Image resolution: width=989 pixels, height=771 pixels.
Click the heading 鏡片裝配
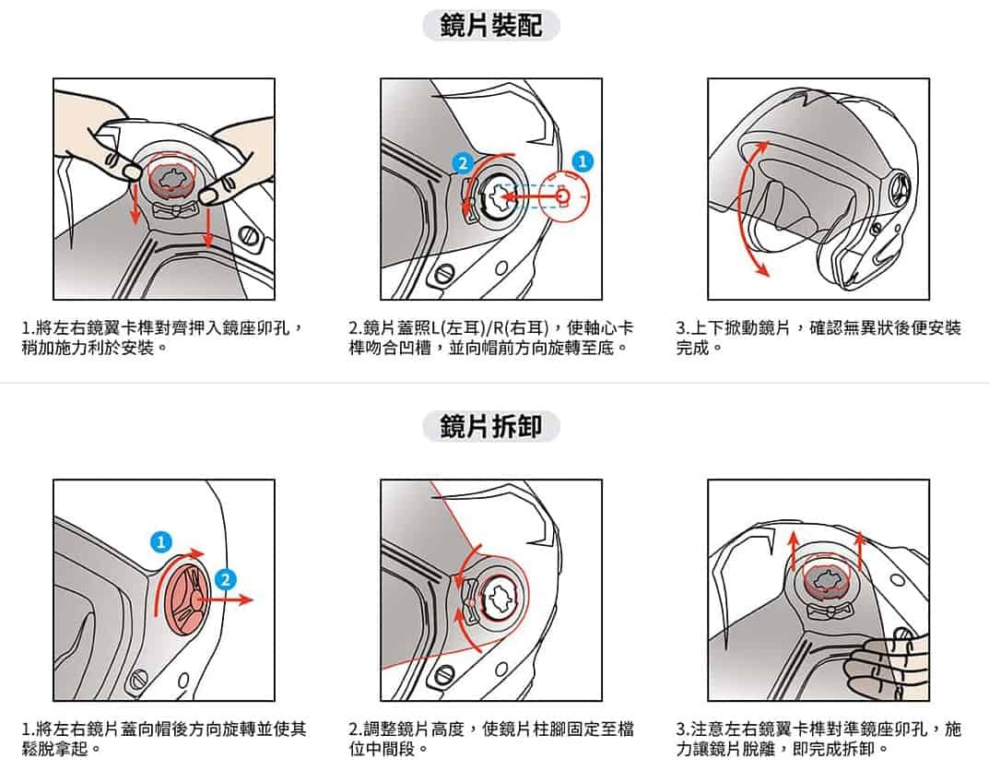coord(490,26)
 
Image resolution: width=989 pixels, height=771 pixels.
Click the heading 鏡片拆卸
coord(490,426)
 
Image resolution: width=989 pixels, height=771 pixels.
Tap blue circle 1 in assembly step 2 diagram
coord(583,161)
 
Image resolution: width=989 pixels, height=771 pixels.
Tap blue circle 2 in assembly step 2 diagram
coord(463,163)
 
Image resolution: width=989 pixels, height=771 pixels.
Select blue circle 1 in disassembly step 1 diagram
coord(161,542)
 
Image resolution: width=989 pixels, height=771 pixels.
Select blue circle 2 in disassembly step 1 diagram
coord(225,580)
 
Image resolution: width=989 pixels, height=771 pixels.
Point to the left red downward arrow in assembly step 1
coord(135,203)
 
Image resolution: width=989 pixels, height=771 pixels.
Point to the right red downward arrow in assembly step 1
coord(208,225)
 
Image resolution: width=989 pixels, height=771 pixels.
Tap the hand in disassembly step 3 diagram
coord(887,668)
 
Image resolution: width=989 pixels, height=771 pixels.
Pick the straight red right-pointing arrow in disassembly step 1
coord(225,599)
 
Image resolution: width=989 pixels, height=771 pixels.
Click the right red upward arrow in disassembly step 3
coord(859,553)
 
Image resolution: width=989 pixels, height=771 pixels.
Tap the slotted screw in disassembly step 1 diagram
coord(138,680)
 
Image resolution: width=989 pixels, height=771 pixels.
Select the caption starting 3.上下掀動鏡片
coord(818,338)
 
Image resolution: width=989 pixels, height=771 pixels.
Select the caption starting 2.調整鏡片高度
coord(490,739)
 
